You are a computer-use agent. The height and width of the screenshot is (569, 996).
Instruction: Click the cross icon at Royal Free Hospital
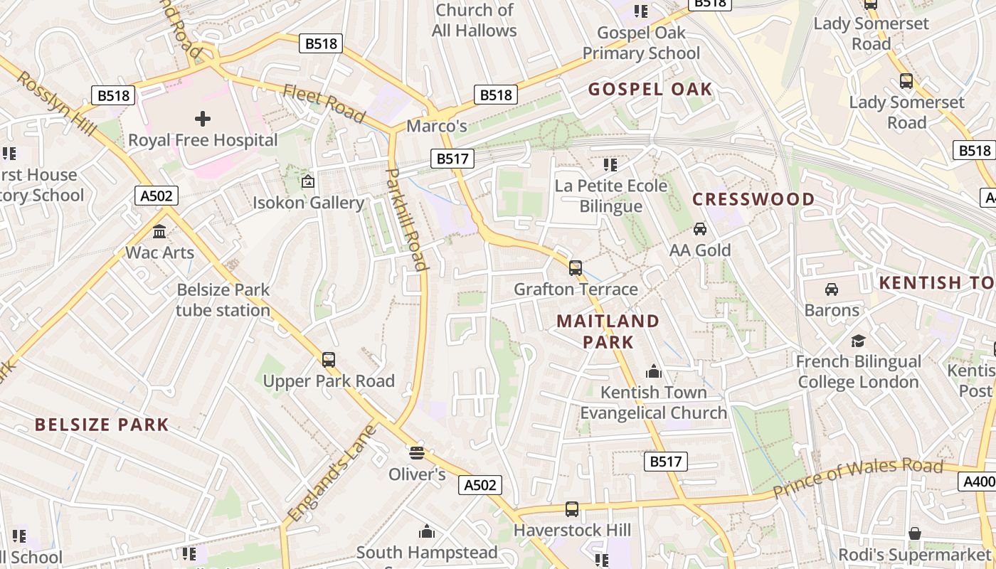tap(203, 118)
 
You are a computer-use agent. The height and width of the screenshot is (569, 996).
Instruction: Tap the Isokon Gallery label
tap(308, 203)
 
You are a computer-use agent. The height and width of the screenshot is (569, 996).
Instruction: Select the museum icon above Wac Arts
tap(159, 231)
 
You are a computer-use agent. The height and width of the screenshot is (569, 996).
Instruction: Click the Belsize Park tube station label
tap(223, 300)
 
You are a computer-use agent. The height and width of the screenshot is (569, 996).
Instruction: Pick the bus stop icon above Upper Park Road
tap(329, 360)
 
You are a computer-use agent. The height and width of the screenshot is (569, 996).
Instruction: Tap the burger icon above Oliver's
tap(417, 452)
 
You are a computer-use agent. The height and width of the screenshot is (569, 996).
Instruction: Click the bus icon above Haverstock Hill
tap(572, 509)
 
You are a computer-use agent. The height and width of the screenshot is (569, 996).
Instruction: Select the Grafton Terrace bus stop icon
tap(576, 268)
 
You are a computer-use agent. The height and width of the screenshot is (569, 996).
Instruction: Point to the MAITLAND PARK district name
tap(608, 331)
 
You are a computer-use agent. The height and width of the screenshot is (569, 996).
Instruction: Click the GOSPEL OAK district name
tap(650, 89)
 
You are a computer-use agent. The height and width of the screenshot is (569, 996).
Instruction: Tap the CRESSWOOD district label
tap(753, 199)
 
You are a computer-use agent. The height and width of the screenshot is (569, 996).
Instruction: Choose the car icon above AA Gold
tap(700, 229)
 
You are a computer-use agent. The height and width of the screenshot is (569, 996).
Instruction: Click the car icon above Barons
tap(831, 289)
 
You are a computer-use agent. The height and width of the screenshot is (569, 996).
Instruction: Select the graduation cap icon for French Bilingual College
tap(858, 341)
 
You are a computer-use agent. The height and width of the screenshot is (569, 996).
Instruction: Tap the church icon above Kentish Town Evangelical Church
tap(653, 371)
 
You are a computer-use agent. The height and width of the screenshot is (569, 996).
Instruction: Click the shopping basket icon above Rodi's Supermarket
tap(915, 533)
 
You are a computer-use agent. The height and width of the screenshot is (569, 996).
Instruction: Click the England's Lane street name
tap(332, 473)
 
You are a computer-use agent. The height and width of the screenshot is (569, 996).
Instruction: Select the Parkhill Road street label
tap(406, 220)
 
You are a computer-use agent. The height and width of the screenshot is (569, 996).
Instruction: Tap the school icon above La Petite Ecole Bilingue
tap(610, 165)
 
